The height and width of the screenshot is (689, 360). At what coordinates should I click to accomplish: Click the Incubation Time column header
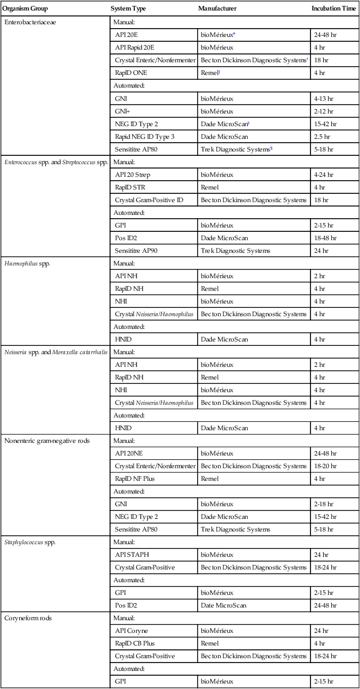coord(334,9)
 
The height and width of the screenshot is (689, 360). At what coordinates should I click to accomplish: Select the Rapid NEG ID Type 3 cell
coord(144,136)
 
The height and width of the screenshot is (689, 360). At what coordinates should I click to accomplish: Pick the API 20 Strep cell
coord(132,175)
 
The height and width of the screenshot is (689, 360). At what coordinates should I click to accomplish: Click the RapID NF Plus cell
coord(135,479)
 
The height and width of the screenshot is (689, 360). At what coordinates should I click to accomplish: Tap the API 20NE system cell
coord(131,453)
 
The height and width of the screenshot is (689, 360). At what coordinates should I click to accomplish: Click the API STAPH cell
coord(132,555)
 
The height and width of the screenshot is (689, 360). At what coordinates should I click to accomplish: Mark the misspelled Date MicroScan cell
coord(223,605)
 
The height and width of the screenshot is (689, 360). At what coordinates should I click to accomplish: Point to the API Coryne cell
coord(132,631)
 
